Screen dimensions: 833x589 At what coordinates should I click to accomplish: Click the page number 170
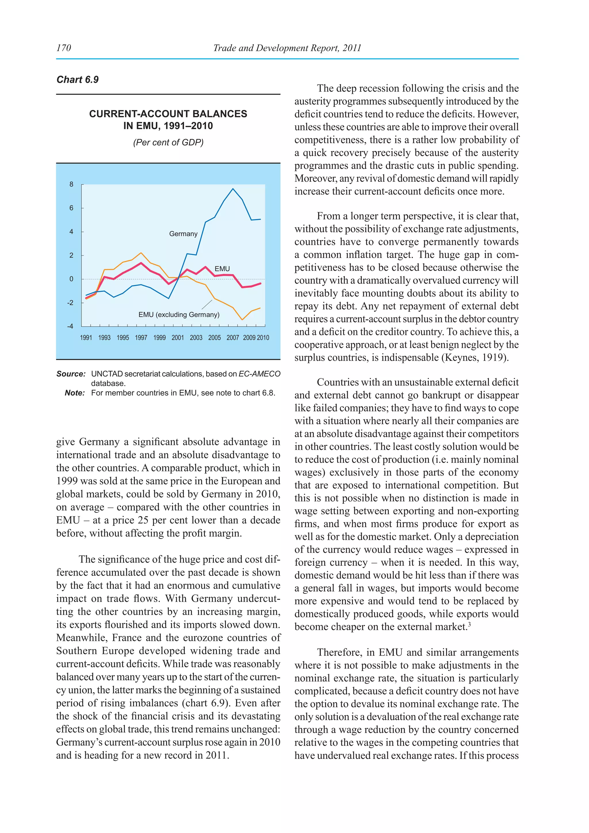coord(64,48)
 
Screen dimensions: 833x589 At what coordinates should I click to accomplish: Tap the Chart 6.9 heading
coord(78,79)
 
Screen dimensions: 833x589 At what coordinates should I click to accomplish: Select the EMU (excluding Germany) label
coord(179,315)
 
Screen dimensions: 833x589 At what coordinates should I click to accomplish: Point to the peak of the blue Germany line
coord(233,189)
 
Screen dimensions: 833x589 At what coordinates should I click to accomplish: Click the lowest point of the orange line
coord(242,320)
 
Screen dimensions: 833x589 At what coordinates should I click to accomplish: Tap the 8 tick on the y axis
coord(71,184)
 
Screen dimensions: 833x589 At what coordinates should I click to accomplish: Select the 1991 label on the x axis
coord(86,338)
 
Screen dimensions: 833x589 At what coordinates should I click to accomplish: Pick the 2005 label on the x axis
coord(214,338)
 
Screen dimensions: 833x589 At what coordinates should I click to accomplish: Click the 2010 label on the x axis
coord(263,338)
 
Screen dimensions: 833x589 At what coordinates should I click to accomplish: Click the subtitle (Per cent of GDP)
coord(168,142)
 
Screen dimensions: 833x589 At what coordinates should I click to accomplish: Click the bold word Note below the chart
coord(75,393)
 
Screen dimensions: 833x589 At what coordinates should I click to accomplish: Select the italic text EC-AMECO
coord(259,374)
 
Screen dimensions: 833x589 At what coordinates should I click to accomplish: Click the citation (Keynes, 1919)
coord(475,358)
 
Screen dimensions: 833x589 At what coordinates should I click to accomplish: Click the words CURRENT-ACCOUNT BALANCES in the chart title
coord(168,114)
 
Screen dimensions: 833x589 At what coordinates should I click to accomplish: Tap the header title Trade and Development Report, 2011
coord(287,48)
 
